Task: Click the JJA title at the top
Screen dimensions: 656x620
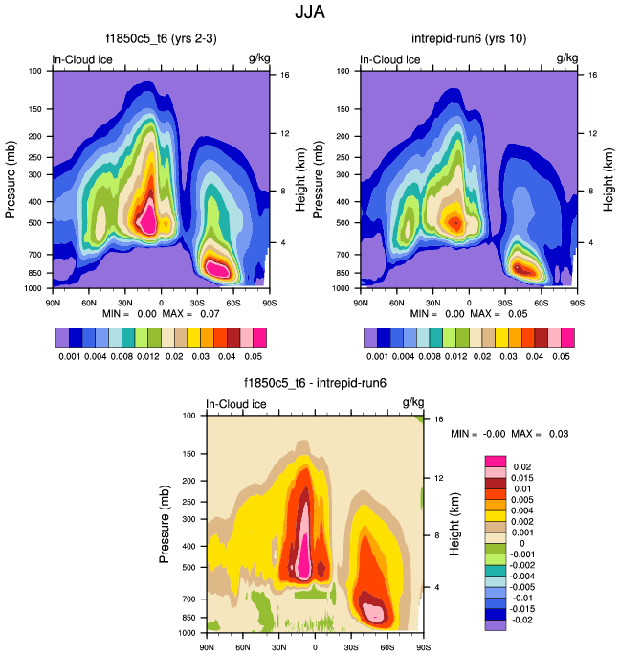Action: click(311, 14)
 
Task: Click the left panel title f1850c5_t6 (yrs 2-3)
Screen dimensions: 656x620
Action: click(161, 39)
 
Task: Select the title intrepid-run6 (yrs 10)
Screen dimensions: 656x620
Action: click(469, 39)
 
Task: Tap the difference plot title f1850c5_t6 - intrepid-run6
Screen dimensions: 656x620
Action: click(316, 383)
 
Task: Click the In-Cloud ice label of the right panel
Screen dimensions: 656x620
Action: click(390, 59)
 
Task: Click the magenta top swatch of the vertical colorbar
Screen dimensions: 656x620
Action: click(496, 461)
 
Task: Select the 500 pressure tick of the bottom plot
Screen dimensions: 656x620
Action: click(188, 567)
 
